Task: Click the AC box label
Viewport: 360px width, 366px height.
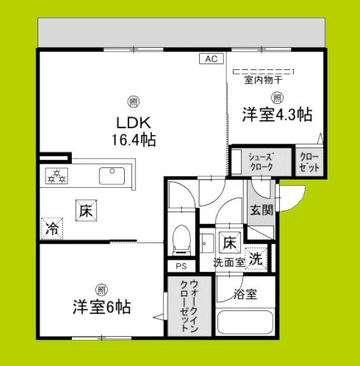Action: (211, 59)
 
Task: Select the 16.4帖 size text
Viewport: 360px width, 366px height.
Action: (135, 138)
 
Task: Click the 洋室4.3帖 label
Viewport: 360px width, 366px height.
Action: (276, 116)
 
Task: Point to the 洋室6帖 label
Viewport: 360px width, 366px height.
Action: (100, 308)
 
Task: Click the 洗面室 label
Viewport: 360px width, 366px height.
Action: (229, 261)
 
